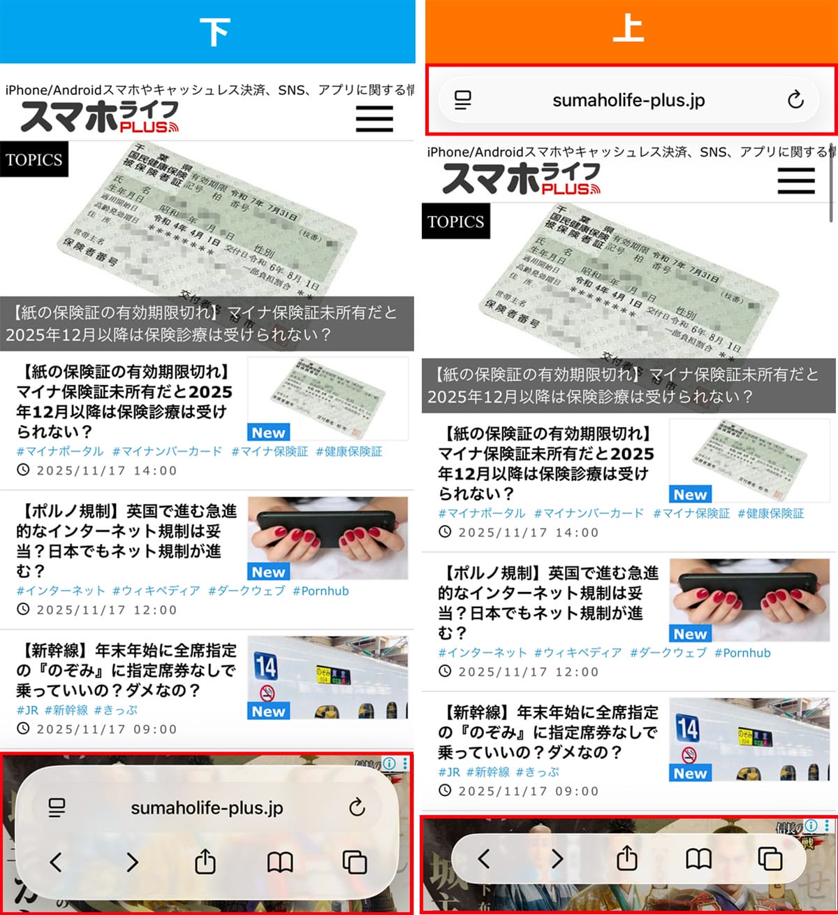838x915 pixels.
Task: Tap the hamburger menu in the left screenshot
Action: click(x=374, y=119)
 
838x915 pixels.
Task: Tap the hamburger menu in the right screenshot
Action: click(x=796, y=181)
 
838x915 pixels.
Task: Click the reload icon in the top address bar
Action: click(x=795, y=100)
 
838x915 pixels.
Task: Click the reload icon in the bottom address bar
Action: click(x=357, y=807)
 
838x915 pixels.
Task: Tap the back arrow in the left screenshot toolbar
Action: click(x=57, y=862)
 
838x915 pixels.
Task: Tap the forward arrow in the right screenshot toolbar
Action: click(x=557, y=858)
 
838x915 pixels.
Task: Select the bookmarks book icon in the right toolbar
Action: click(x=698, y=858)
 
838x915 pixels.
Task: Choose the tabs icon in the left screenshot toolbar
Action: click(x=355, y=862)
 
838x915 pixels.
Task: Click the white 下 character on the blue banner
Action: click(x=214, y=32)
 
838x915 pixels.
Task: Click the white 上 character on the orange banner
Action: click(x=628, y=29)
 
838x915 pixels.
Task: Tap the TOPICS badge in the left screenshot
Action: click(x=34, y=159)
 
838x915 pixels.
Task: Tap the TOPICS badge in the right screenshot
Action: click(x=456, y=222)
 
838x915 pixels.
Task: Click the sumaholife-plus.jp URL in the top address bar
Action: click(x=628, y=100)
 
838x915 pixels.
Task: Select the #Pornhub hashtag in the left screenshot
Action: click(x=321, y=591)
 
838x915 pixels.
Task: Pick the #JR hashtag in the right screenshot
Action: click(x=449, y=772)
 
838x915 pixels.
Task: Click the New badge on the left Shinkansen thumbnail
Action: click(x=269, y=711)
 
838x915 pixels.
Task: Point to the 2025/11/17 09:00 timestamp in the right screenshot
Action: click(x=528, y=791)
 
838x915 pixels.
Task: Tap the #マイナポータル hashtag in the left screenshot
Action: click(x=60, y=452)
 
